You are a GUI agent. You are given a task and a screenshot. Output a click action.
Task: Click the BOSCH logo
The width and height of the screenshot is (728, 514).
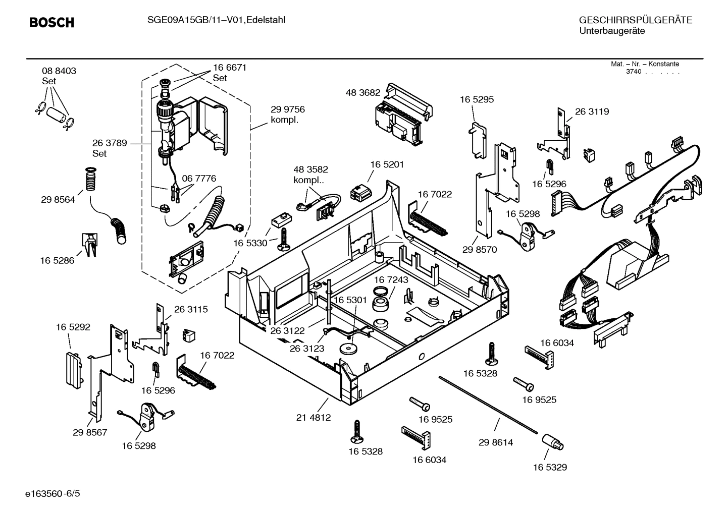click(x=51, y=23)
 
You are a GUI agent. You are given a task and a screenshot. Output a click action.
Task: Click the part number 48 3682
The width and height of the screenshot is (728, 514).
click(x=362, y=93)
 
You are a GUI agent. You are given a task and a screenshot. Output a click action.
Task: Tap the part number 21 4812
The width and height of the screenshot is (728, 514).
click(x=313, y=418)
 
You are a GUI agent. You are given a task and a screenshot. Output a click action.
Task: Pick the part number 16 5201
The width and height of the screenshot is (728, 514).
click(x=387, y=164)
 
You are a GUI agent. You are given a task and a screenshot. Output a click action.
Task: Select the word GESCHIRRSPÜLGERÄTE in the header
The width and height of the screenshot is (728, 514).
click(x=635, y=21)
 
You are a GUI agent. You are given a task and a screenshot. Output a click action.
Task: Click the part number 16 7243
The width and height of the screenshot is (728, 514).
click(x=391, y=279)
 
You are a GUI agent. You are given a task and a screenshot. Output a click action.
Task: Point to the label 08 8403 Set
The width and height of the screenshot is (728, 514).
click(x=59, y=76)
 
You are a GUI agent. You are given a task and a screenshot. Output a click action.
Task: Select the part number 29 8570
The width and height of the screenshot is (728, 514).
click(x=479, y=250)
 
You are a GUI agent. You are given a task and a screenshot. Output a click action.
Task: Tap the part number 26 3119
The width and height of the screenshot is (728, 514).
click(x=592, y=112)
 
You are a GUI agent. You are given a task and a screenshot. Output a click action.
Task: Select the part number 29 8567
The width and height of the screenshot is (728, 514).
click(x=90, y=432)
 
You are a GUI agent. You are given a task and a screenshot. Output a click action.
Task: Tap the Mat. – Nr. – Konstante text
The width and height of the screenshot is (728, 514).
click(x=645, y=64)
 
